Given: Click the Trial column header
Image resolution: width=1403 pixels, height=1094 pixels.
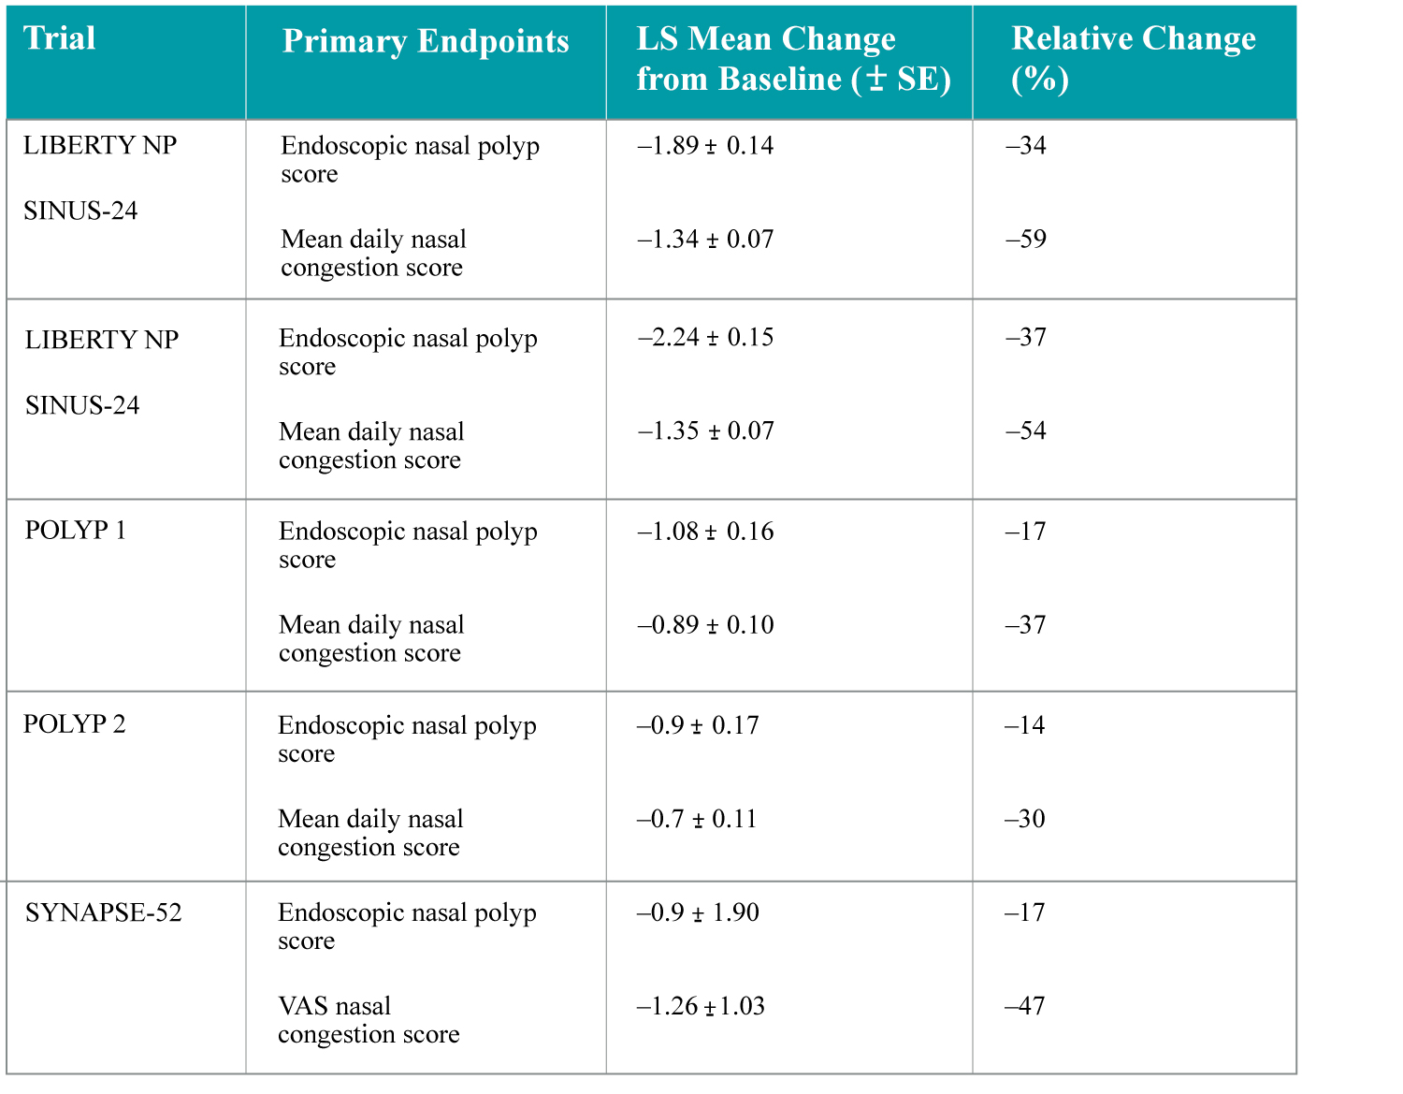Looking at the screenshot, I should point(60,38).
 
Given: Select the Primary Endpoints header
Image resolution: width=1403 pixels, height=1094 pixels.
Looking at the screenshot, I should point(426,41).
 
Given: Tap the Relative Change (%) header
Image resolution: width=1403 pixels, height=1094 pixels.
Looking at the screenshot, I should point(1133,58).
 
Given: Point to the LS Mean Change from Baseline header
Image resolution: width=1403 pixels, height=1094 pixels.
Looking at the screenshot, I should point(793,58).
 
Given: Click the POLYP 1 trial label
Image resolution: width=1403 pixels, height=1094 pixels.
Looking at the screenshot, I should point(75,531).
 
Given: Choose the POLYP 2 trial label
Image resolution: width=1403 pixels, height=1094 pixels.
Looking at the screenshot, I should point(74,724).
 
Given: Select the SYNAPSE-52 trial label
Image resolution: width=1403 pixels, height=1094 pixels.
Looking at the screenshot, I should point(103,912).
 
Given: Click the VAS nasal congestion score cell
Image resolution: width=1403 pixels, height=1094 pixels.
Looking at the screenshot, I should point(369,1020).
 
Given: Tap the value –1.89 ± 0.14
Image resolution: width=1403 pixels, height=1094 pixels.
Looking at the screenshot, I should point(705,146).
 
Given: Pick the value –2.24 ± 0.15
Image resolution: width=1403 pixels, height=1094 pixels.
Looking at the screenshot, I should point(705,338).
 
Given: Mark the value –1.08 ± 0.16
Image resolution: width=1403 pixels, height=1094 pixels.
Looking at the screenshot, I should point(705,532).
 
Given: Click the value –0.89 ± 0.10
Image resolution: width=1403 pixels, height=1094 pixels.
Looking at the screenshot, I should point(705,625).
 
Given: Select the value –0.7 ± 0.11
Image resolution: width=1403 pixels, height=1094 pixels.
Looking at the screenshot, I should point(697,819).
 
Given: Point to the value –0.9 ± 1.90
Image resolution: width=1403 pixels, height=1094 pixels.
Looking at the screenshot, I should point(698,912).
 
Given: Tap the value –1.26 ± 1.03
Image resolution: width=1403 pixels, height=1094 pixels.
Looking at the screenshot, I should point(701,1006).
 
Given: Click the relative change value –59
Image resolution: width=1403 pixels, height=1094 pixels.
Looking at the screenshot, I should point(1026,240).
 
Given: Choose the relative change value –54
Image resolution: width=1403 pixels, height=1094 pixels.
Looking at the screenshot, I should point(1026,431).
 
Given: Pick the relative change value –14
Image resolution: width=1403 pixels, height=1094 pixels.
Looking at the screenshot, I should point(1025,725).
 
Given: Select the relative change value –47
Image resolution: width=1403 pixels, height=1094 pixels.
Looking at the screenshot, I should point(1025,1006).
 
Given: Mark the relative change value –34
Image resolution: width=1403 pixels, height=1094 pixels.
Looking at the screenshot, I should point(1026,146).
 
